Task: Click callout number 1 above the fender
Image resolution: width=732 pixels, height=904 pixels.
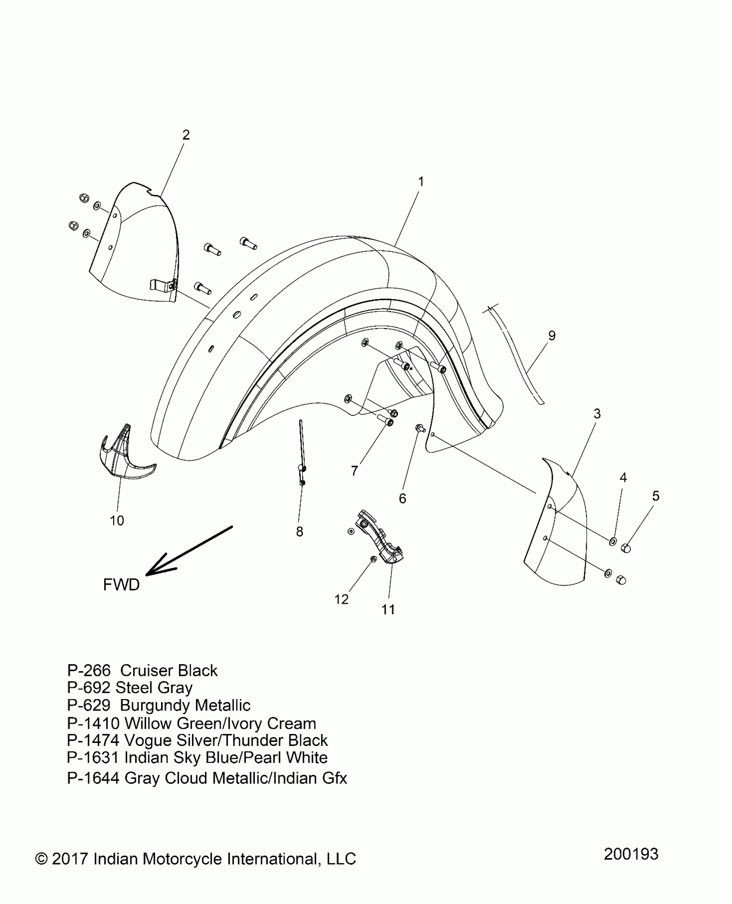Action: click(x=421, y=182)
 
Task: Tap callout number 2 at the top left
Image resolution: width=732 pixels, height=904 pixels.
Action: click(x=186, y=135)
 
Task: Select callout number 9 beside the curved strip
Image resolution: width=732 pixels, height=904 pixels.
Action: click(x=552, y=335)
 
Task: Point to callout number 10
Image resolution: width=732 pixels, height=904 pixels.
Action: click(x=117, y=520)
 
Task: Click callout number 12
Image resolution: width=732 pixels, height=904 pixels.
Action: click(x=341, y=599)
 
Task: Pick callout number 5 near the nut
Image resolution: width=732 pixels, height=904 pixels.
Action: click(x=655, y=496)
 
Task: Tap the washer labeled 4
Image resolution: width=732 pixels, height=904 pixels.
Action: click(x=612, y=541)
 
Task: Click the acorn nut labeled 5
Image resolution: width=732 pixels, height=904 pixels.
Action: click(x=626, y=548)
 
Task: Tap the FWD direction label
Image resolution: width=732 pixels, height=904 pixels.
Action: click(x=121, y=585)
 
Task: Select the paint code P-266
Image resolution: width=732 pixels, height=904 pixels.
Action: click(x=89, y=671)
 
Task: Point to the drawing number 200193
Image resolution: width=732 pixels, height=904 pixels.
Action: click(x=631, y=854)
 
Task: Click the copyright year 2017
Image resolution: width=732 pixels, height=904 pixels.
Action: click(x=70, y=859)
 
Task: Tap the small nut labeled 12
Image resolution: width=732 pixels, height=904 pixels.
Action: click(x=373, y=559)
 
